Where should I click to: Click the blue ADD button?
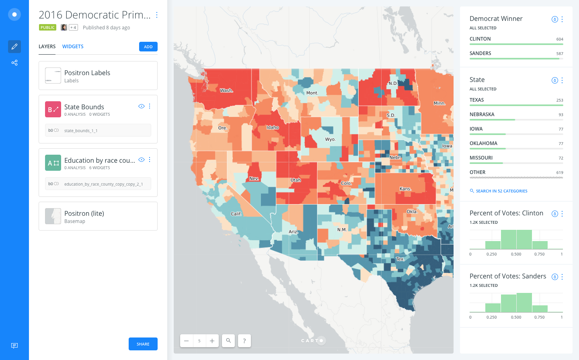pos(148,47)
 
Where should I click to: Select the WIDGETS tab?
pos(73,47)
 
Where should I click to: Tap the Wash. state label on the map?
pos(226,90)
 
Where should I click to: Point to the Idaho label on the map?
pos(273,127)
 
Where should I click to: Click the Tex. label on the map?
pos(400,259)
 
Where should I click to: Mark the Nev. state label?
pos(254,178)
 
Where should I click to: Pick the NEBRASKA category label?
pos(482,115)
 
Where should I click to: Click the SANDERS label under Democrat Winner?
pos(480,53)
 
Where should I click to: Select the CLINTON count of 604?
pos(560,39)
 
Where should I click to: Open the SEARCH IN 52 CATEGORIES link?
pos(501,191)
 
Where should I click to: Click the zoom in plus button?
pos(212,341)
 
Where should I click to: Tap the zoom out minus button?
pos(187,341)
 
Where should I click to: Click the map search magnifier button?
pos(228,341)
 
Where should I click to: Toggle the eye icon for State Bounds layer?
pos(141,106)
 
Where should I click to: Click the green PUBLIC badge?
pos(47,28)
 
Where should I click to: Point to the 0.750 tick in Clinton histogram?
pos(539,254)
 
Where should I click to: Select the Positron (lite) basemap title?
pos(84,213)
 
